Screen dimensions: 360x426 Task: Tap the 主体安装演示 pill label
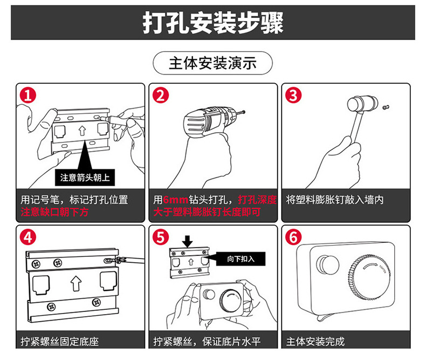tap(212, 63)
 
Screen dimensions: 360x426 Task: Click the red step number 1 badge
tap(28, 96)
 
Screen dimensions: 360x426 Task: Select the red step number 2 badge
tap(160, 96)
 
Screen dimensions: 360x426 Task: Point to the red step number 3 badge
tap(293, 96)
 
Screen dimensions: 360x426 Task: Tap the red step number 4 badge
tap(28, 237)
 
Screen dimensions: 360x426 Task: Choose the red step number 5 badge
tap(160, 237)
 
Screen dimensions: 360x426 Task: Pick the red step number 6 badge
tap(293, 237)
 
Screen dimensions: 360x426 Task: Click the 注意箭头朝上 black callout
tap(86, 177)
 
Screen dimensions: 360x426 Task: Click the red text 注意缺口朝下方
tap(54, 212)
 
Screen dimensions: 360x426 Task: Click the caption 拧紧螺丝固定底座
tap(60, 341)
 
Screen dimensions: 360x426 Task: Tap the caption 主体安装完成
tap(315, 341)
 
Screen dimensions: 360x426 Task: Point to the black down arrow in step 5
tap(185, 240)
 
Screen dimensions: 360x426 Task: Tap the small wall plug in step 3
tap(384, 107)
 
